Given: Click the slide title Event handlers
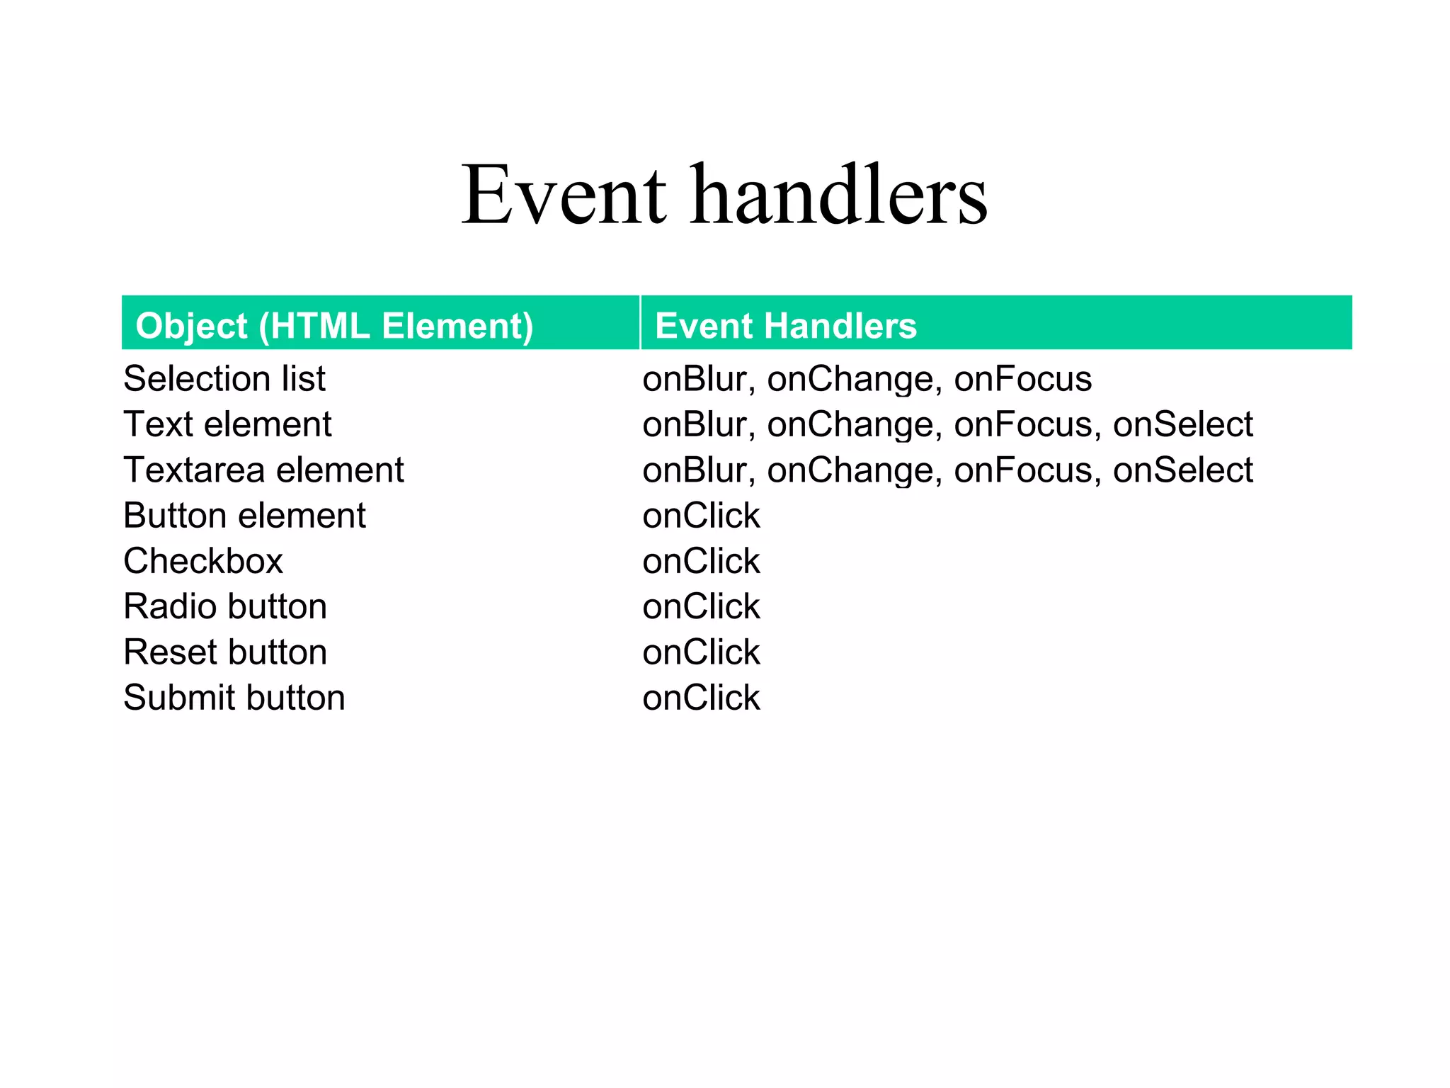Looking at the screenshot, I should pos(724,195).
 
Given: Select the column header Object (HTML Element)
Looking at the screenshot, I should pos(334,327).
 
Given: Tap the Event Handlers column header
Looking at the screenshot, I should pos(786,327).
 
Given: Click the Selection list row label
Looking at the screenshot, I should pos(224,379).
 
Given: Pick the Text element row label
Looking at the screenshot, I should pos(227,424).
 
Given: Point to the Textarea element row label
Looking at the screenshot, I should pos(263,470).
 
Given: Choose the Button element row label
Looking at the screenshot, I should pos(244,516).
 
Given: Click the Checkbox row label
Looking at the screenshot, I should pos(203,561).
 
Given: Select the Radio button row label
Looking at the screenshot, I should pos(225,607).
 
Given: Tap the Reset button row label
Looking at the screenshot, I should pos(225,652).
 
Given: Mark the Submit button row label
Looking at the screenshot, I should pos(234,698).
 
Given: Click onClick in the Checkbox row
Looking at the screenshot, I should pos(701,561).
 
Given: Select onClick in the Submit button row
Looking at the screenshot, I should pos(701,698).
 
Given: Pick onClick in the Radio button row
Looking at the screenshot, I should pos(701,607).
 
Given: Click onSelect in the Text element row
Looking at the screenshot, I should pos(1182,424).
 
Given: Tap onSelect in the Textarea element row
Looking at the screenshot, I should pos(1182,470).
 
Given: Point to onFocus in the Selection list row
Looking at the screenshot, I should pos(1022,379).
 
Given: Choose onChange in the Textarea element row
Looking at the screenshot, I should pos(854,470).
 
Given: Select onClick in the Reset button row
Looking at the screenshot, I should pos(701,652).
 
